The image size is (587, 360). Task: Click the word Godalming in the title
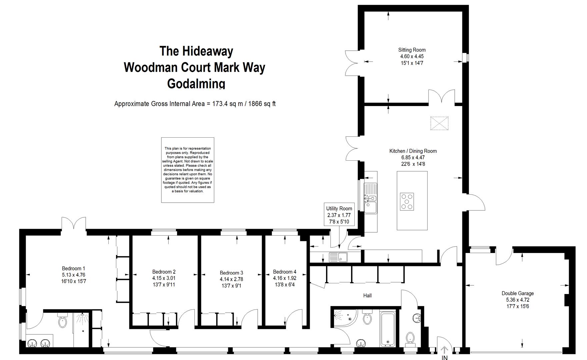click(196, 83)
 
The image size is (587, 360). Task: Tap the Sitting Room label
click(412, 50)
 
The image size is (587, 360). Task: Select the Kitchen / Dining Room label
click(413, 151)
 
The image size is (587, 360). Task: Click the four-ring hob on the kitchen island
click(407, 202)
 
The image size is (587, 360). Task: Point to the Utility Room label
click(339, 209)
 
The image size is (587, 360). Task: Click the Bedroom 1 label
click(74, 269)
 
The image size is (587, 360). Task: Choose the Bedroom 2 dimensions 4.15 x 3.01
click(164, 278)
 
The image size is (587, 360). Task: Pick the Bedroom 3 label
click(231, 273)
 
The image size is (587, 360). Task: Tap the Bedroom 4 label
click(285, 272)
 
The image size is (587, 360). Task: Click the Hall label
click(367, 296)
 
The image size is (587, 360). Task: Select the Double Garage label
click(518, 293)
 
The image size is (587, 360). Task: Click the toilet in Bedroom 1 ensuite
click(62, 320)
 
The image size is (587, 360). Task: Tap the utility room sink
click(338, 257)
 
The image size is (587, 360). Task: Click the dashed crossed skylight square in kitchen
click(439, 123)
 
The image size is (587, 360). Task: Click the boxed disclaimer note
click(188, 170)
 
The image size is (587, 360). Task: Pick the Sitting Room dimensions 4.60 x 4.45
click(412, 57)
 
